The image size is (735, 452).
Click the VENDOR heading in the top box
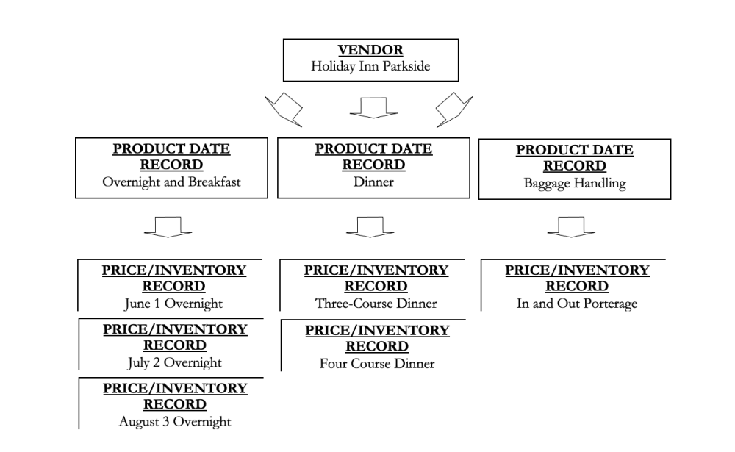click(x=370, y=50)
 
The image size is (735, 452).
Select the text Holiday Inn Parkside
click(x=370, y=66)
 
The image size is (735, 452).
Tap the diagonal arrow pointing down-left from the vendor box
click(x=284, y=110)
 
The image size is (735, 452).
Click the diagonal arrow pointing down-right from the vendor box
click(x=453, y=110)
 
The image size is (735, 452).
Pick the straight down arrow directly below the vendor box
click(x=373, y=108)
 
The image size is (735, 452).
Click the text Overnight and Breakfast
click(x=171, y=182)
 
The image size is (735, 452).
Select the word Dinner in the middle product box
click(x=373, y=182)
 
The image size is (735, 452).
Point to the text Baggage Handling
click(x=574, y=183)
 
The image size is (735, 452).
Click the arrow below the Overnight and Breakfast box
click(x=168, y=226)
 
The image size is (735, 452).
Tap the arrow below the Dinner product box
click(x=370, y=226)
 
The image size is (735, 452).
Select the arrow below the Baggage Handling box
click(x=571, y=226)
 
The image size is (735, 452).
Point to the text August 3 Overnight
click(x=175, y=422)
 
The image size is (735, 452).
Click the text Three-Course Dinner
click(x=376, y=303)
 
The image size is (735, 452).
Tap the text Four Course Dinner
click(x=376, y=363)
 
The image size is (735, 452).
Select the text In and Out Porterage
click(x=577, y=303)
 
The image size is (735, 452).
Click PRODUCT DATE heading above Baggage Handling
click(x=574, y=157)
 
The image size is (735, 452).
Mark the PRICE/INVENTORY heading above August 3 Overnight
click(x=175, y=396)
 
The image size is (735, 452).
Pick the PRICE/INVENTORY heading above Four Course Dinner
click(x=377, y=338)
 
